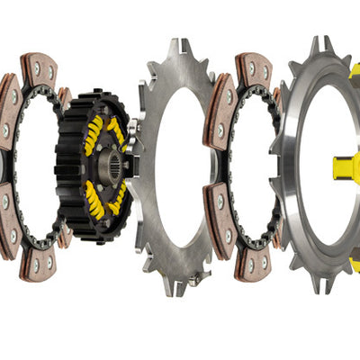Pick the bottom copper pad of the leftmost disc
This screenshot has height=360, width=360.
point(38,262)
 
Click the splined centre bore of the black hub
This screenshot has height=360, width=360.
point(111,165)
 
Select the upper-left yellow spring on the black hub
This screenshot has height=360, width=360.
point(94,135)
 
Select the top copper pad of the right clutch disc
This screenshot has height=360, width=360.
point(254,70)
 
